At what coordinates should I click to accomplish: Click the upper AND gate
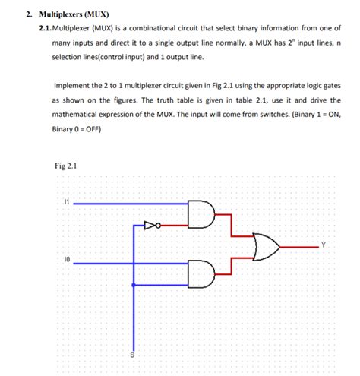pos(201,213)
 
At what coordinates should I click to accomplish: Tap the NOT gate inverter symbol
pos(151,225)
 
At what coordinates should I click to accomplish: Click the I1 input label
pos(67,202)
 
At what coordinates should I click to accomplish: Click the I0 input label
pos(67,259)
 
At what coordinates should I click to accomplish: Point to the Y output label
pos(323,244)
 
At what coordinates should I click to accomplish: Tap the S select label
pos(132,355)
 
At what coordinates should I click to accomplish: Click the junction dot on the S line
pos(134,285)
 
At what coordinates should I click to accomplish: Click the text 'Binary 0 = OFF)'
pos(77,128)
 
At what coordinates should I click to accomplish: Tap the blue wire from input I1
pos(129,204)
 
